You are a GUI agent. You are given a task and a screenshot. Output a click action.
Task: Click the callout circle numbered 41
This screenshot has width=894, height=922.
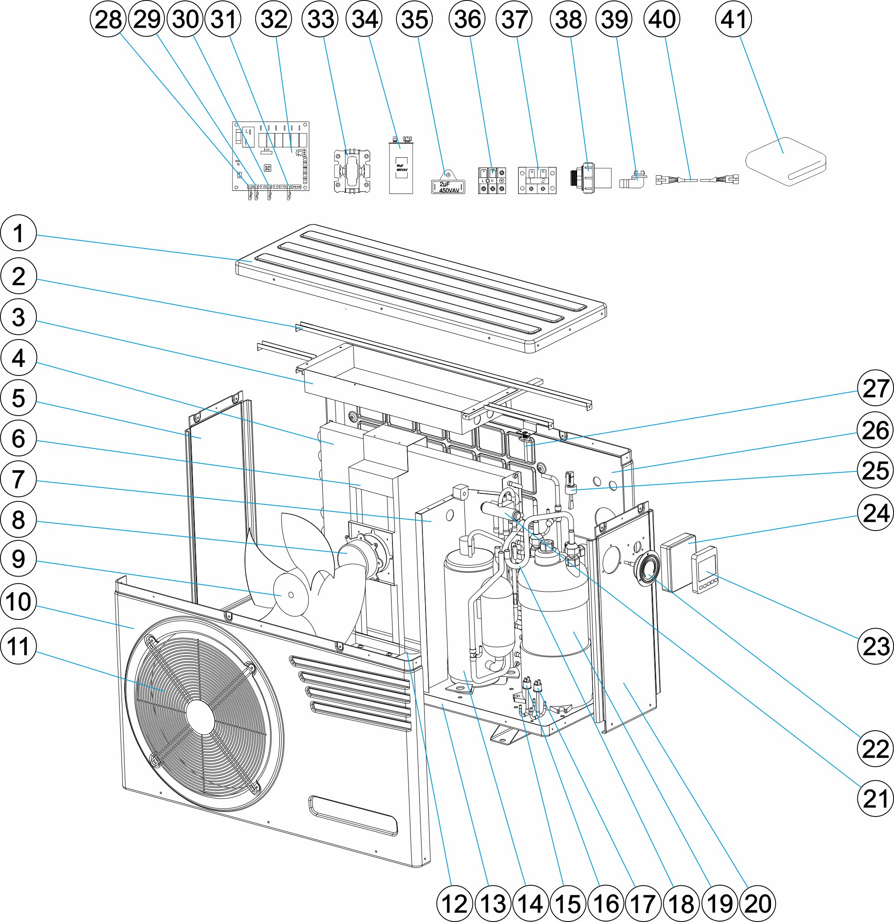(733, 19)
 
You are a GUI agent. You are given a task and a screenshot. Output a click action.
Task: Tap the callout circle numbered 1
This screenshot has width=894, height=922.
(18, 233)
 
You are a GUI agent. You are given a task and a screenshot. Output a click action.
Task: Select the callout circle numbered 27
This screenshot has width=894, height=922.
(875, 388)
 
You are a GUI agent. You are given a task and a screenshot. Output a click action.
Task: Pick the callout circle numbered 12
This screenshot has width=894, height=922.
(455, 904)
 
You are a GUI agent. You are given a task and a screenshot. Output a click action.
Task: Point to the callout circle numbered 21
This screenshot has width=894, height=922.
(875, 798)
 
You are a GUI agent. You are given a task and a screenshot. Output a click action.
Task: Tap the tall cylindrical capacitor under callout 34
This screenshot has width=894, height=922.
(401, 167)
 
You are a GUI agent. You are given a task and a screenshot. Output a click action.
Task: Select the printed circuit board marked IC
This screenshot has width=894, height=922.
(270, 156)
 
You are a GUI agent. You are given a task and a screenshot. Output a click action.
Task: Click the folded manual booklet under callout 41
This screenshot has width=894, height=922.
(786, 161)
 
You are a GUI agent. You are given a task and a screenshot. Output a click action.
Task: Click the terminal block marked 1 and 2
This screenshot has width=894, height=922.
(537, 180)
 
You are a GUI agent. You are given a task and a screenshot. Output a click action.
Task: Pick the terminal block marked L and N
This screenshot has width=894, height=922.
(492, 181)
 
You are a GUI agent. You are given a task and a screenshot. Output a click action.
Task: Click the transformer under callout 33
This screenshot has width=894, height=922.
(351, 171)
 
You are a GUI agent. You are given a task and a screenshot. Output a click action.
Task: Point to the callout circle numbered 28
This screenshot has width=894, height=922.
(108, 19)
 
